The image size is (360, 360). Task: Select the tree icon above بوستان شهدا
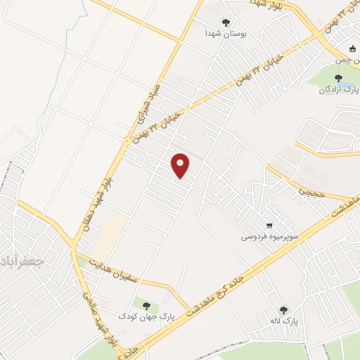226,22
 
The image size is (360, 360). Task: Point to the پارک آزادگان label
335,89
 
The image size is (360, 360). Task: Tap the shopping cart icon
269,226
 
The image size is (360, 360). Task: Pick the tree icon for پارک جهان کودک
146,305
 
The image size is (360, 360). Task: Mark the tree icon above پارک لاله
283,309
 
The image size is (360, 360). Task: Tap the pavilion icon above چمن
353,49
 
